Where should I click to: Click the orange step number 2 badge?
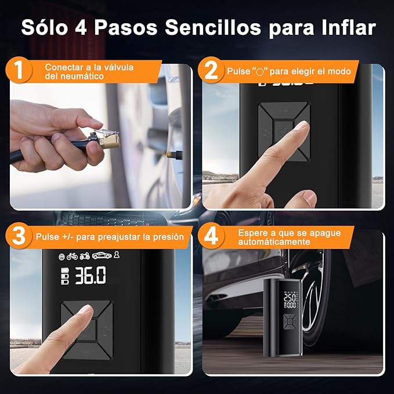pos(212,72)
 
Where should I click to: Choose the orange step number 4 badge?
pos(212,237)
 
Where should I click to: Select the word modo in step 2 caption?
pos(339,71)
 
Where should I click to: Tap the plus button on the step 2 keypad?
pos(283,110)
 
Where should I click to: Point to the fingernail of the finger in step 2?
pos(301,126)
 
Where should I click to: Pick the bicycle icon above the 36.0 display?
pos(72,256)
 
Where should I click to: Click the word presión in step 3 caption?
pos(165,237)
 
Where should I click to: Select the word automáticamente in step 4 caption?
pos(274,241)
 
